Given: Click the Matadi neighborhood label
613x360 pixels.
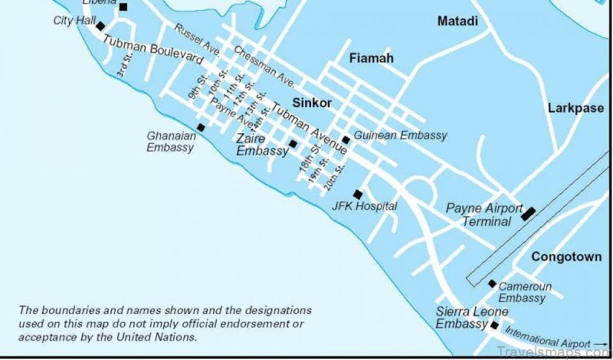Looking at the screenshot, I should [457, 21].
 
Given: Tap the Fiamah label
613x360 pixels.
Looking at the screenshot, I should [371, 58].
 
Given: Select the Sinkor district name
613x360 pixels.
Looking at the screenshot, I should [312, 103].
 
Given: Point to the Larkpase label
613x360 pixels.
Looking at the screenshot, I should [575, 109].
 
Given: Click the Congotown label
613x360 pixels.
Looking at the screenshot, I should [567, 257].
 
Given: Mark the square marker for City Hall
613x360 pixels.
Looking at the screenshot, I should [100, 26].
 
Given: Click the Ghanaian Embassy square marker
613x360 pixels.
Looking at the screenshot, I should [201, 128].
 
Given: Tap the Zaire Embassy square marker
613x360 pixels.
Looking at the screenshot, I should [293, 144].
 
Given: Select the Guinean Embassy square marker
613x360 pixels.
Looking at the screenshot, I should [346, 140].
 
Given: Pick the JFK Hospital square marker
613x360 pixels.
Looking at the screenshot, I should [358, 195].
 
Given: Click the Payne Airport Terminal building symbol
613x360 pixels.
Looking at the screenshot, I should [529, 214].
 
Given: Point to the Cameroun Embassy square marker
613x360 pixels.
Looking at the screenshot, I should [492, 283].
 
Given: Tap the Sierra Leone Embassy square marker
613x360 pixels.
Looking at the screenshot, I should [494, 326].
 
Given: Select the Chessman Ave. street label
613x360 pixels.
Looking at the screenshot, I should [264, 65].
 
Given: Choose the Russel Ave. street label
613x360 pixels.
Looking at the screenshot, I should [198, 41].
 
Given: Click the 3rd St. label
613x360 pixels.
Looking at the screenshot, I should [123, 68].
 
